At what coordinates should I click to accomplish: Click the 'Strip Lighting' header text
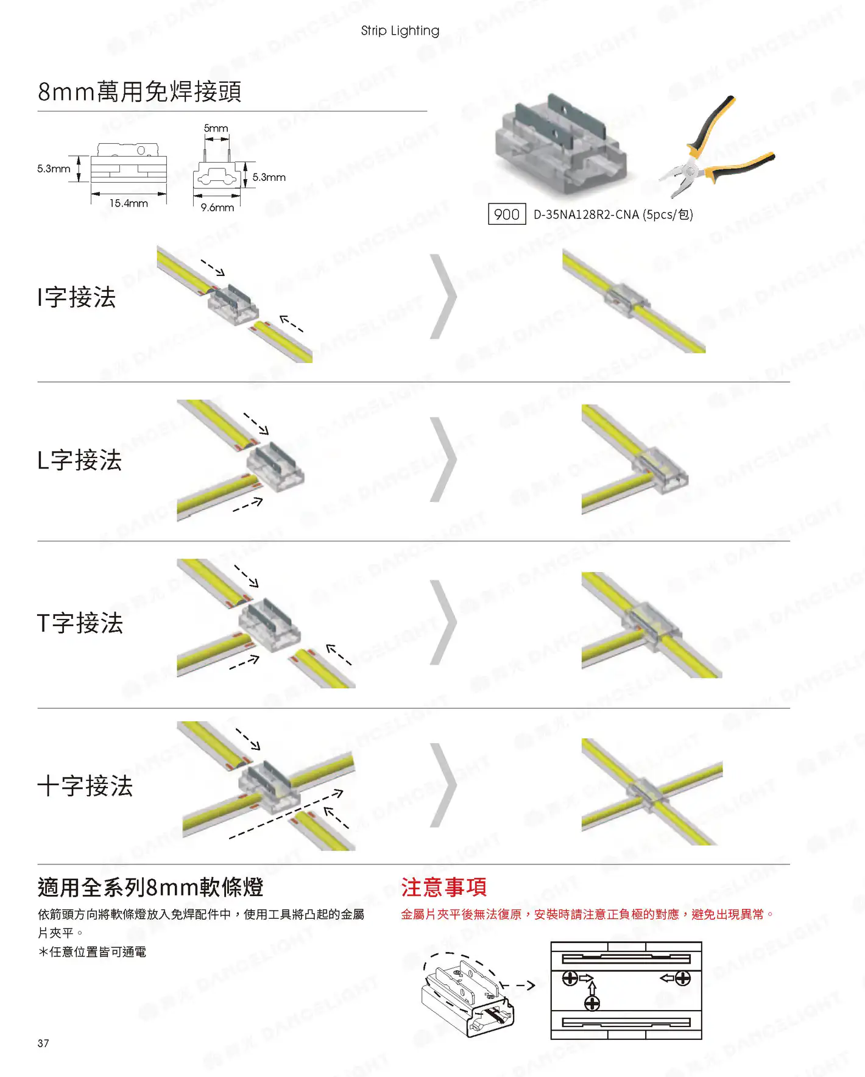[400, 30]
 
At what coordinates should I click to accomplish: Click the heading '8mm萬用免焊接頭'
[139, 91]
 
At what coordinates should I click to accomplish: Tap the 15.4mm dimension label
[129, 203]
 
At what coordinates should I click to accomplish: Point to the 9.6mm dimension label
[217, 208]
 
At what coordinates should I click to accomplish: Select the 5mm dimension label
[216, 128]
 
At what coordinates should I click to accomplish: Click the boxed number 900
[507, 214]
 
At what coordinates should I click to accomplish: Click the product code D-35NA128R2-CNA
[586, 214]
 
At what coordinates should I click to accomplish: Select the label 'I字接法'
[77, 297]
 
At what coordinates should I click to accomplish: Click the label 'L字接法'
[80, 460]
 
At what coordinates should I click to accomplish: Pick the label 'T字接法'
[80, 623]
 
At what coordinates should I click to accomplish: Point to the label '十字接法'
[85, 786]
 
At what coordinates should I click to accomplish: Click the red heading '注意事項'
[444, 887]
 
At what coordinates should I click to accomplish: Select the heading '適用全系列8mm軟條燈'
[150, 887]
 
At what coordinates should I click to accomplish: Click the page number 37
[43, 1043]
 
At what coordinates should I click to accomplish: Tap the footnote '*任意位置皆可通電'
[92, 952]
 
